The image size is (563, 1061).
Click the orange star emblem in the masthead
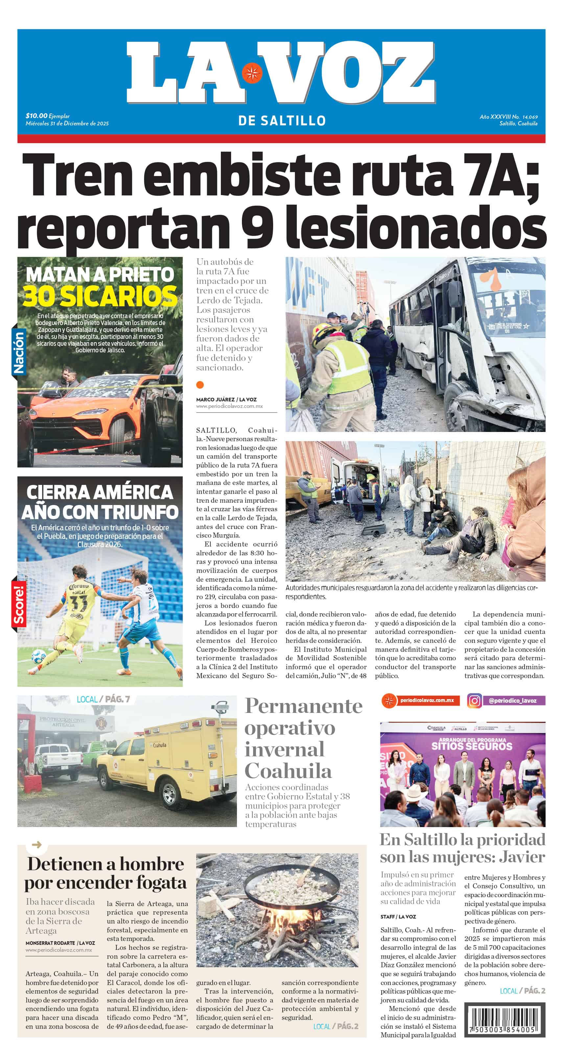(252, 74)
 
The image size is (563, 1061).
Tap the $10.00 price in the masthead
(36, 116)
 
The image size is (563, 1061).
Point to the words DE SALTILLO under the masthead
(282, 121)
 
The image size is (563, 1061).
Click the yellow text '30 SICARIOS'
(100, 296)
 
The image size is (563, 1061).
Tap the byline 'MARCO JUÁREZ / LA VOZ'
(226, 399)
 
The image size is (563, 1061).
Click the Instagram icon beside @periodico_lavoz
(474, 701)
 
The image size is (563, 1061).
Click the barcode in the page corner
(504, 1020)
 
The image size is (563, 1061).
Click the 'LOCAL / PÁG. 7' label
(103, 699)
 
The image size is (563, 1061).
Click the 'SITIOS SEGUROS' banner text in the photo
(472, 746)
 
